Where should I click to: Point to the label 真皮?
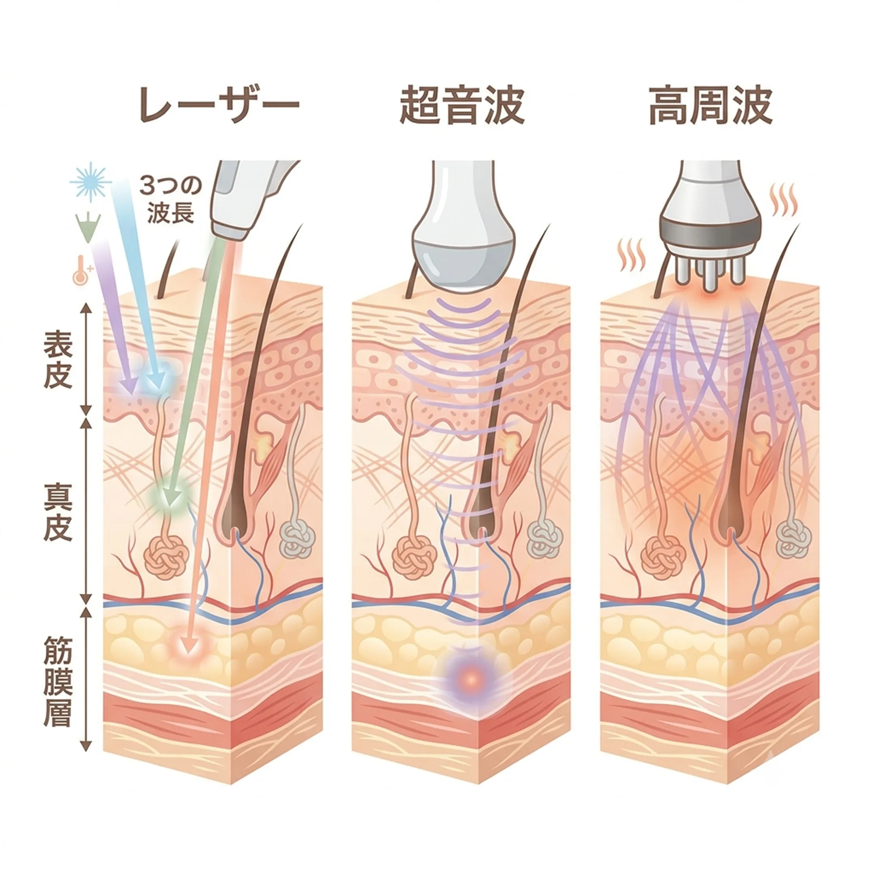click(58, 512)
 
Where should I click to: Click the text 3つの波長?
click(170, 199)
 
